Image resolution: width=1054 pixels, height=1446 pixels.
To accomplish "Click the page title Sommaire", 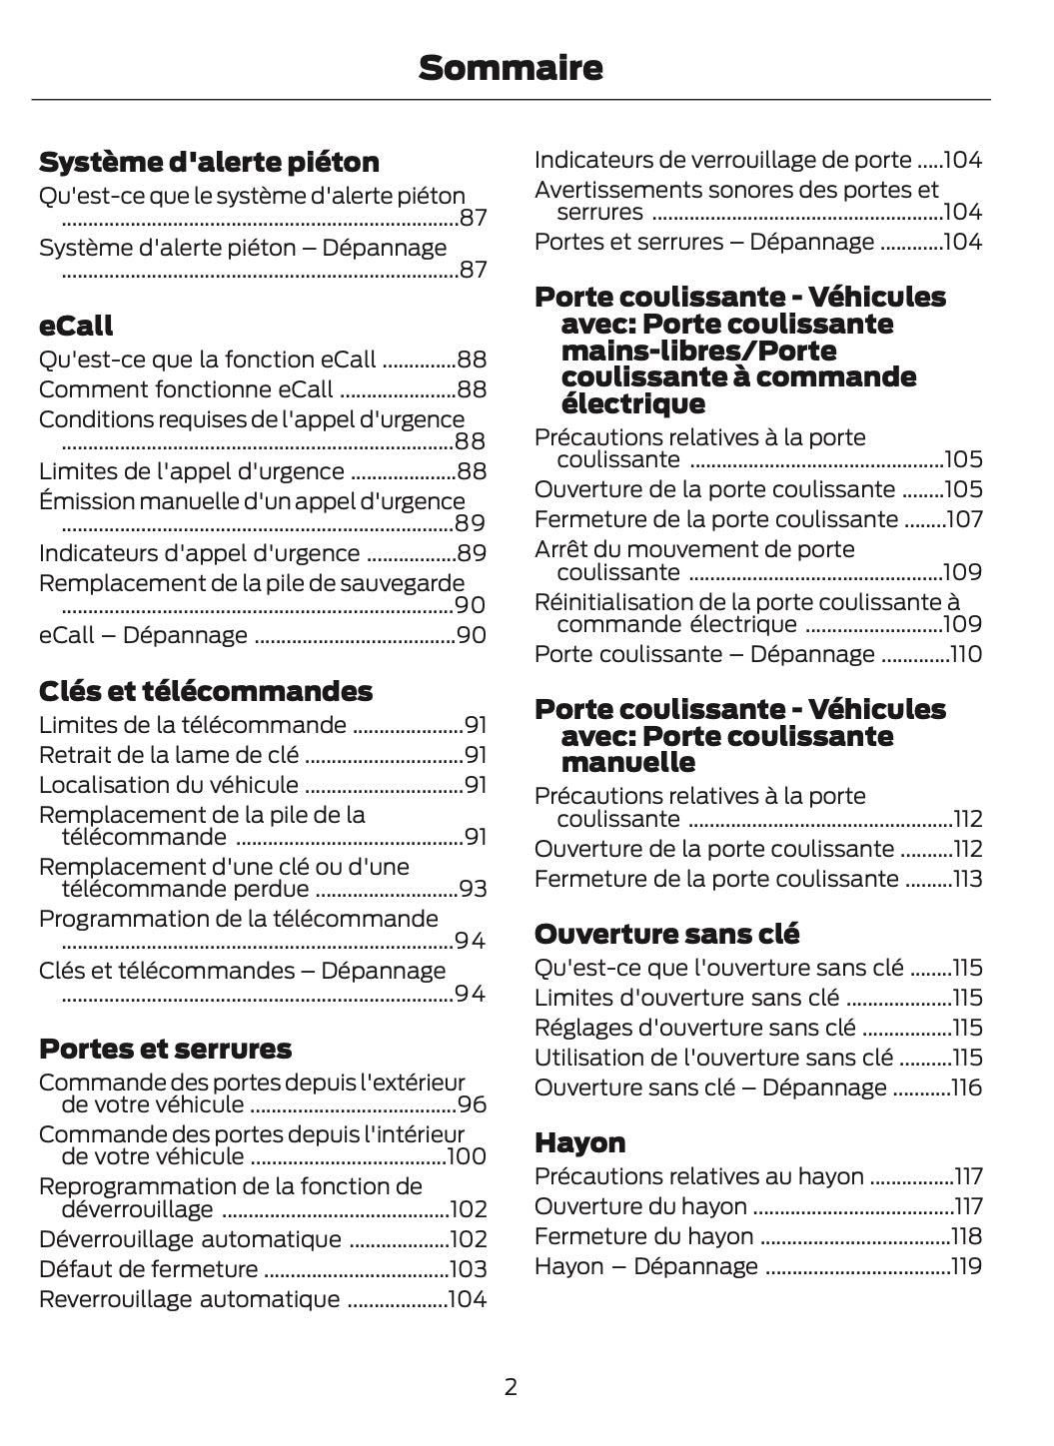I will point(511,68).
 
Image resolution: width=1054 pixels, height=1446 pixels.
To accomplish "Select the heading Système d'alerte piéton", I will point(209,162).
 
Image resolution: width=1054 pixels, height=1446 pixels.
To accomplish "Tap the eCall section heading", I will point(76,326).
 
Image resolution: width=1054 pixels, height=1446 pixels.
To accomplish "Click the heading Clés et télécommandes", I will point(205,691).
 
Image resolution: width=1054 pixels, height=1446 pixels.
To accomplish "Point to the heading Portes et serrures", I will point(165,1049).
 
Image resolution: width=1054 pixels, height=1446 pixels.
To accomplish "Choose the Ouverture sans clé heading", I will point(666,934).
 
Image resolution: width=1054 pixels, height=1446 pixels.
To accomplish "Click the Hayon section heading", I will point(579,1142).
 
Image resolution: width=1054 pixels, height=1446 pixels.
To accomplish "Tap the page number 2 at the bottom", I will point(511,1386).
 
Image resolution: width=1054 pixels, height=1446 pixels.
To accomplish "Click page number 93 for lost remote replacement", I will point(473,889).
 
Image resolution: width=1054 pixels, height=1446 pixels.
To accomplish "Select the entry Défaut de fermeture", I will point(148,1269).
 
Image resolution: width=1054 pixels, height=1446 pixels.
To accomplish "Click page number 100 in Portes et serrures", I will point(467,1156).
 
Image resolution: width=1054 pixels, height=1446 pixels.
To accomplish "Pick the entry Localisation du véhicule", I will point(168,785).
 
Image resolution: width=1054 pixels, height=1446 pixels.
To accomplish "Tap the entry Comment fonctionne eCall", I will point(186,389).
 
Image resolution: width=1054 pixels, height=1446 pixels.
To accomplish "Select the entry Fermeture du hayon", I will point(643,1236).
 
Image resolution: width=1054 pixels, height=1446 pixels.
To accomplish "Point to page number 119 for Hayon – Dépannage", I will point(966,1266).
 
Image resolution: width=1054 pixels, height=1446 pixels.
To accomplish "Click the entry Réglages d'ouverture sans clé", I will point(694,1028).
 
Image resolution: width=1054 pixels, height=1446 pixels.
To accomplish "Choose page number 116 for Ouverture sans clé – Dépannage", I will point(966,1087).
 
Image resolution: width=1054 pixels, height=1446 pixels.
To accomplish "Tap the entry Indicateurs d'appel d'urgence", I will point(199,553).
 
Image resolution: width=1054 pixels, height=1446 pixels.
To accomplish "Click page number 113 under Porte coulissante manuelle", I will point(966,879).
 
